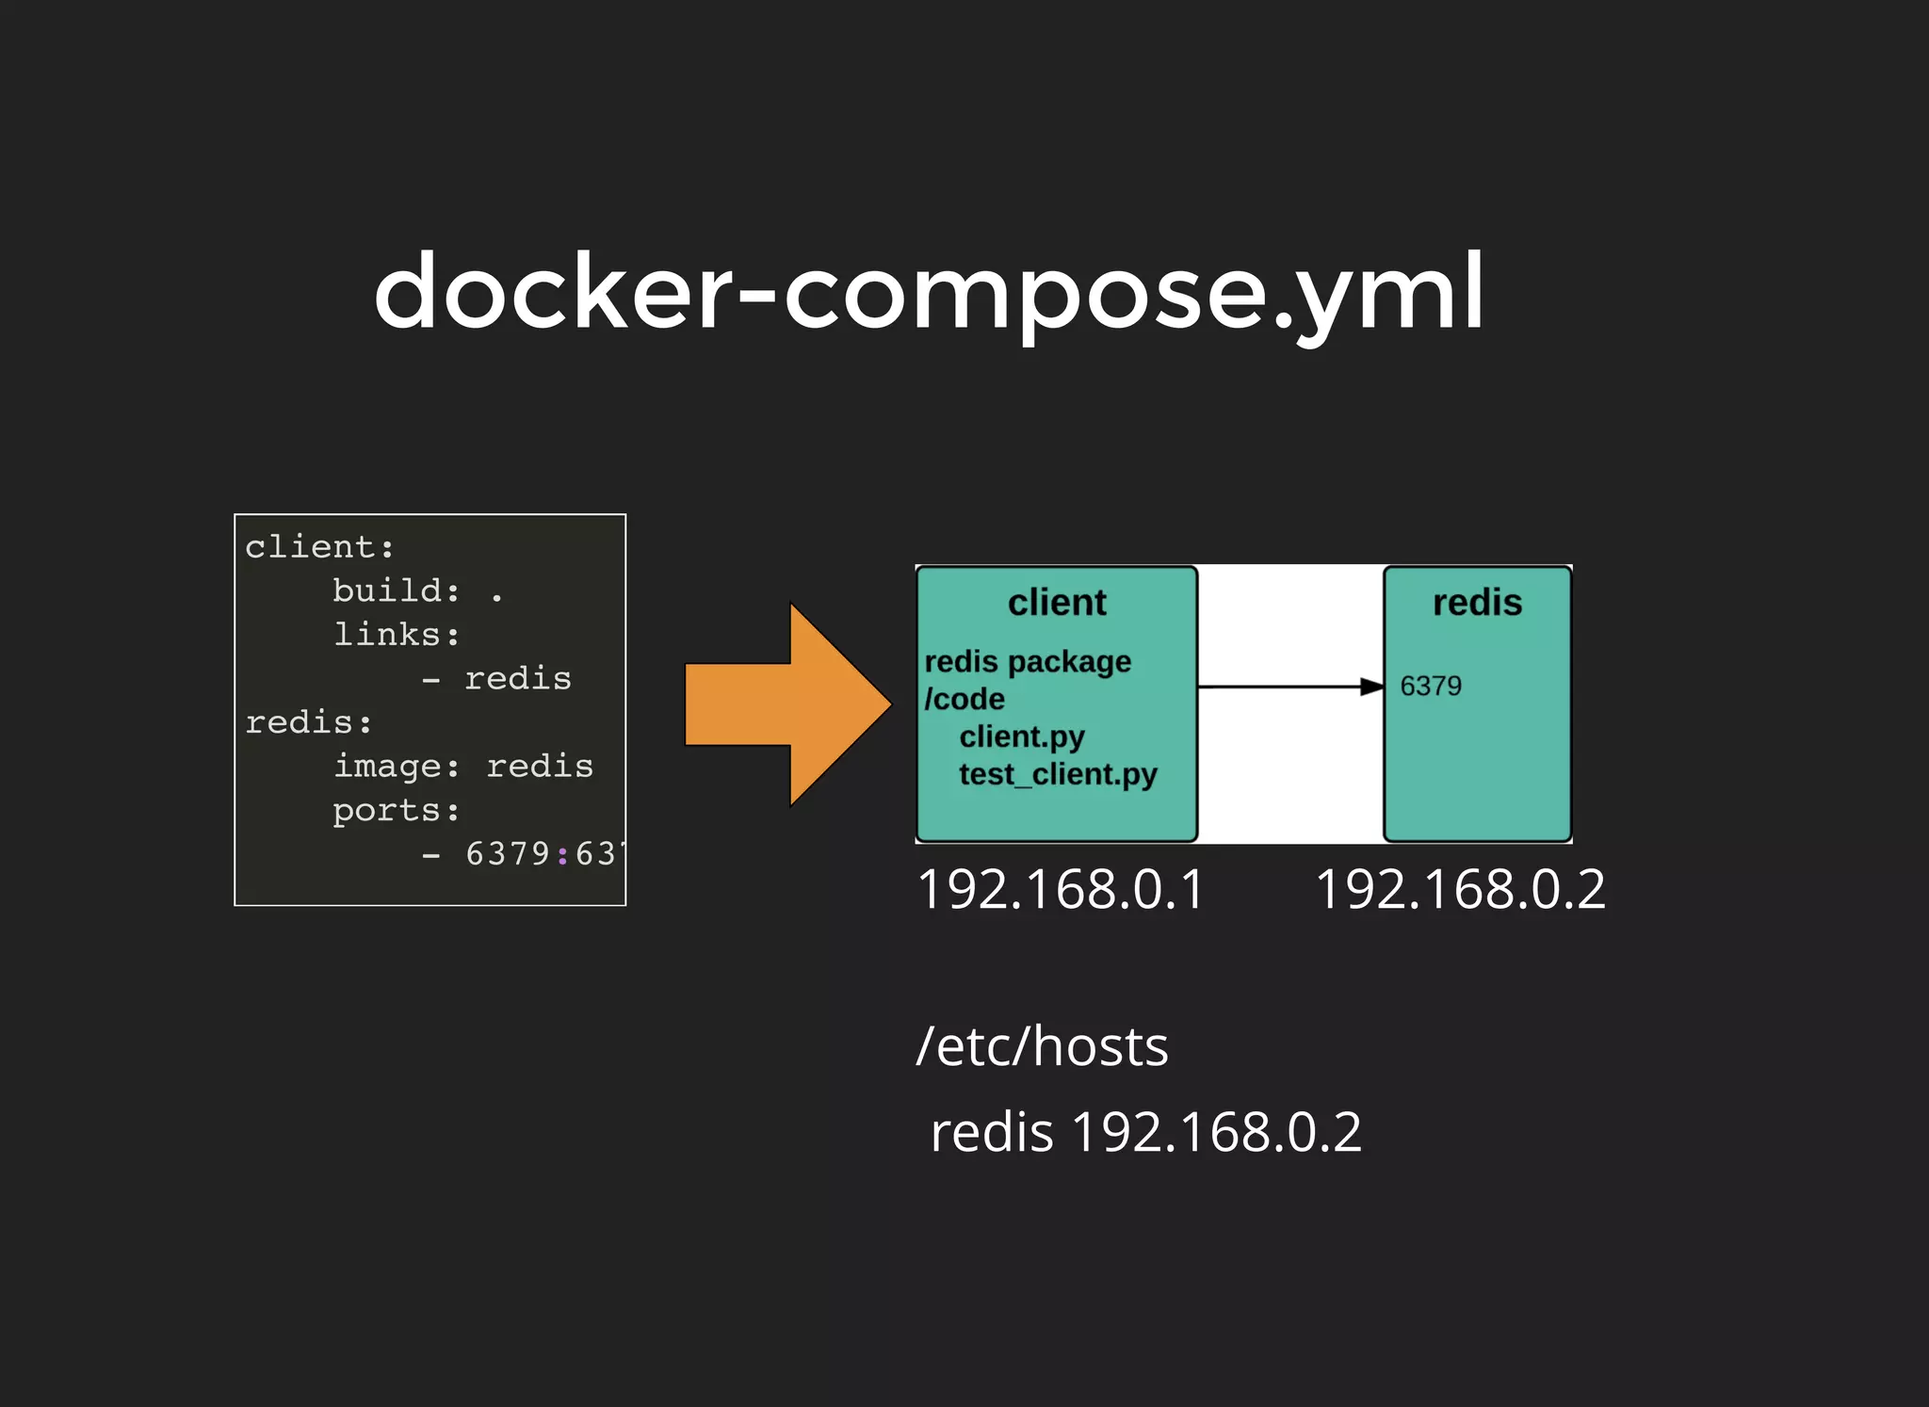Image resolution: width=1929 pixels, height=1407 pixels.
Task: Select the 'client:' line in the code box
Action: click(319, 547)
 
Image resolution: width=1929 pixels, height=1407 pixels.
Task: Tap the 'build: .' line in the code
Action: click(417, 591)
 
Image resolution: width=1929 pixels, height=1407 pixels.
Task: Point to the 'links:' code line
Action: click(397, 635)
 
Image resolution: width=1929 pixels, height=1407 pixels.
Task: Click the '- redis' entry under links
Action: click(496, 679)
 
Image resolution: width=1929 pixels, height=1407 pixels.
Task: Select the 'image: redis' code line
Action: click(463, 767)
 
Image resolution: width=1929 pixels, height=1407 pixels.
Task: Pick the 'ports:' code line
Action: click(397, 811)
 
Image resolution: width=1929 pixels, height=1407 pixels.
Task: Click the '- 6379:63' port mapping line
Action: click(521, 854)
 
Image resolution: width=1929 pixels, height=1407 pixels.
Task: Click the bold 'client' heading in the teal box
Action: click(1057, 603)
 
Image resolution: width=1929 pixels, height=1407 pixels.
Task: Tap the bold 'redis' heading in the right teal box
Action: click(1477, 603)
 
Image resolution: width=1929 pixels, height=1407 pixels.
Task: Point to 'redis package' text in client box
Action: click(1028, 662)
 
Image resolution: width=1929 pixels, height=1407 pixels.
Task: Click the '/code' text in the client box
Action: click(964, 700)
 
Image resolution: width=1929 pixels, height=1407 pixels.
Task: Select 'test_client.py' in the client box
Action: click(1058, 774)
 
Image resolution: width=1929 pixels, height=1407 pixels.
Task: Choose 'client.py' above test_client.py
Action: click(1022, 736)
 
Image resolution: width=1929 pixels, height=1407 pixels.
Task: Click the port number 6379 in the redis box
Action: click(1431, 686)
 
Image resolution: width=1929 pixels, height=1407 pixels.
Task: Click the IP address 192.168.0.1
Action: click(1061, 890)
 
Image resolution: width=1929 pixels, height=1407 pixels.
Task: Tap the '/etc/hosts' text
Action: click(1042, 1047)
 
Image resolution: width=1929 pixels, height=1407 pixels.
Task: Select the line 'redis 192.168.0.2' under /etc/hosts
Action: click(1145, 1132)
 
